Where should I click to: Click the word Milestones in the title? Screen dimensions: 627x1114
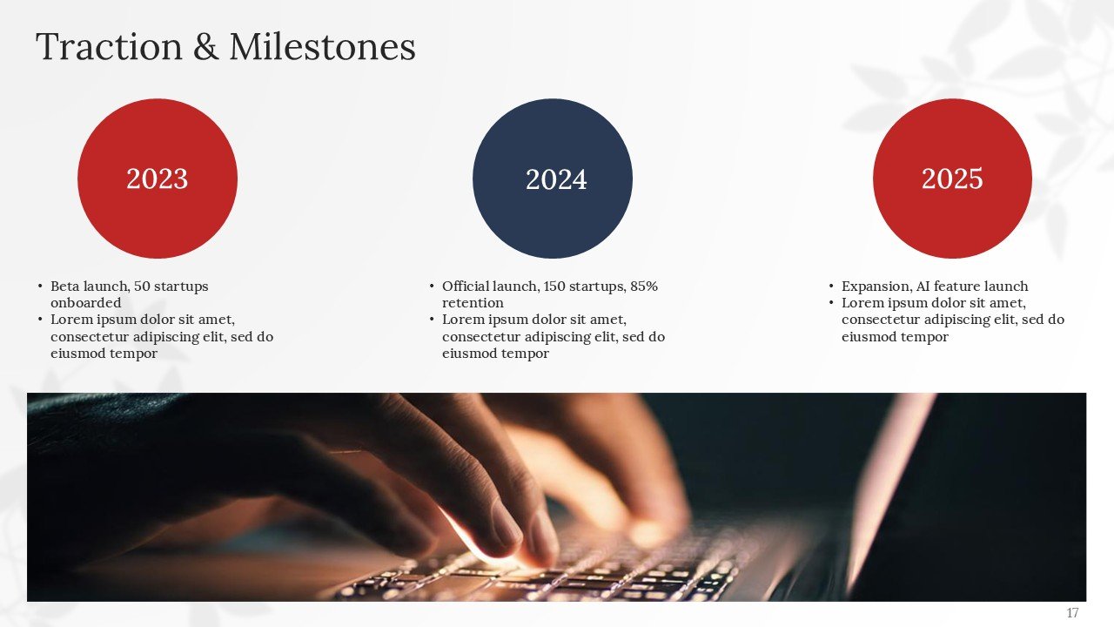coord(322,47)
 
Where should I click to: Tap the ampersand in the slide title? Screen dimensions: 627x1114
coord(205,47)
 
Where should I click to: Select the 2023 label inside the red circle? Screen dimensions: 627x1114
coord(157,179)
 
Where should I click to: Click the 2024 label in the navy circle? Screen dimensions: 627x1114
coord(556,179)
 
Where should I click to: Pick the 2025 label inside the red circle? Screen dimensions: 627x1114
coord(952,179)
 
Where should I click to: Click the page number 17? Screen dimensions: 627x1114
coord(1072,613)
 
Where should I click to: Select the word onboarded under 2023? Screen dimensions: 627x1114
coord(85,303)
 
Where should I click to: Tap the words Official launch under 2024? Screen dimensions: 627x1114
coord(488,287)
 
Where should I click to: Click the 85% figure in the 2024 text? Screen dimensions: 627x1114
coord(644,287)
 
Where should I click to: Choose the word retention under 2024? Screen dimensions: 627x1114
coord(473,303)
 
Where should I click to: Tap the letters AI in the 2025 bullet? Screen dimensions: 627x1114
coord(923,287)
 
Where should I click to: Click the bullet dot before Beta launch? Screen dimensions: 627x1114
coord(40,287)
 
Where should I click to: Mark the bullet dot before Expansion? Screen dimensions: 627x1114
coord(831,287)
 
